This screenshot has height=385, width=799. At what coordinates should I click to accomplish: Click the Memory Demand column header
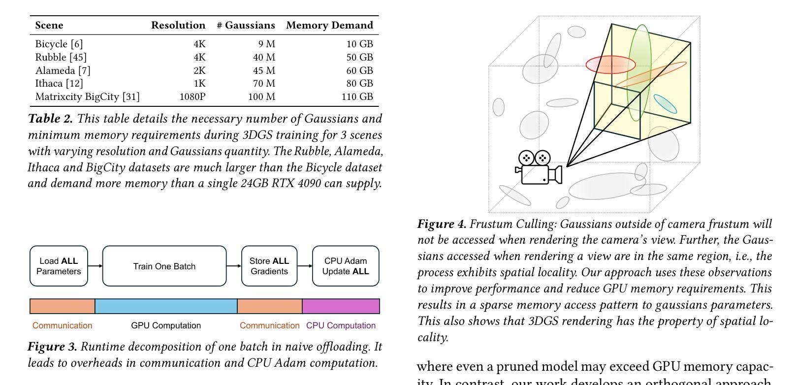[x=329, y=25]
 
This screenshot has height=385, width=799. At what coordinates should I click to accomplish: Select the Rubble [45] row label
[x=61, y=57]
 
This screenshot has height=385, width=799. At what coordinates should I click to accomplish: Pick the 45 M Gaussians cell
[x=264, y=70]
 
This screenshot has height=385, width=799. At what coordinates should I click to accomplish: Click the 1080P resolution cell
[x=192, y=96]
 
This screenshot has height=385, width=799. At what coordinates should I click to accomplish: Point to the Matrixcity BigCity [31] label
[x=87, y=96]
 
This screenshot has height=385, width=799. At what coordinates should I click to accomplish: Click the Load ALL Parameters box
[x=59, y=266]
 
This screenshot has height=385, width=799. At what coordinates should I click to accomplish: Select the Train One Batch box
[x=164, y=266]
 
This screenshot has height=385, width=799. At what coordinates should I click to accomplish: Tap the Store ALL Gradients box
[x=269, y=266]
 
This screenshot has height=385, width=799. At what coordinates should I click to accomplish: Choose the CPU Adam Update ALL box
[x=346, y=266]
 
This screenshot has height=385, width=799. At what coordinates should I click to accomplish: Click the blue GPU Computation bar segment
[x=166, y=306]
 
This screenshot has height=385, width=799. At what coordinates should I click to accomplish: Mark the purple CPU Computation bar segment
[x=341, y=306]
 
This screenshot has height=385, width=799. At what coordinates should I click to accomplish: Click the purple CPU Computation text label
[x=341, y=325]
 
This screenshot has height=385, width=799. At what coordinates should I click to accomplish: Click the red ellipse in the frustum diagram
[x=610, y=64]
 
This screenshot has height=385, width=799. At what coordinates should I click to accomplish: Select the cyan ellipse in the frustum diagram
[x=665, y=104]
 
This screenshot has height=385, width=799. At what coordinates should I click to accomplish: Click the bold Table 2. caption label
[x=50, y=119]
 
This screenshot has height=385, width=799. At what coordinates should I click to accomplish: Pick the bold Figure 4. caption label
[x=442, y=224]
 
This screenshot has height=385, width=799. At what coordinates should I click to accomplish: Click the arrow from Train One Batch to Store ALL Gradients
[x=234, y=266]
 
